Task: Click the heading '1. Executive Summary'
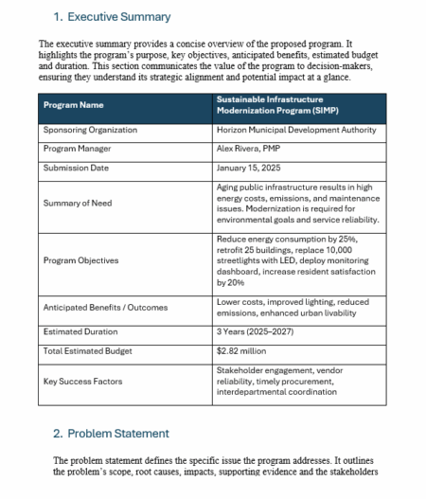(112, 17)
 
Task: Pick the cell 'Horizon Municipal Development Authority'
(295, 130)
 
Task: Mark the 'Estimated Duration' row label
(80, 331)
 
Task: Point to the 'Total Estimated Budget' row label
(87, 350)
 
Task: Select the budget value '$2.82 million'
(241, 350)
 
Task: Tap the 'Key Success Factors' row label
(81, 382)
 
